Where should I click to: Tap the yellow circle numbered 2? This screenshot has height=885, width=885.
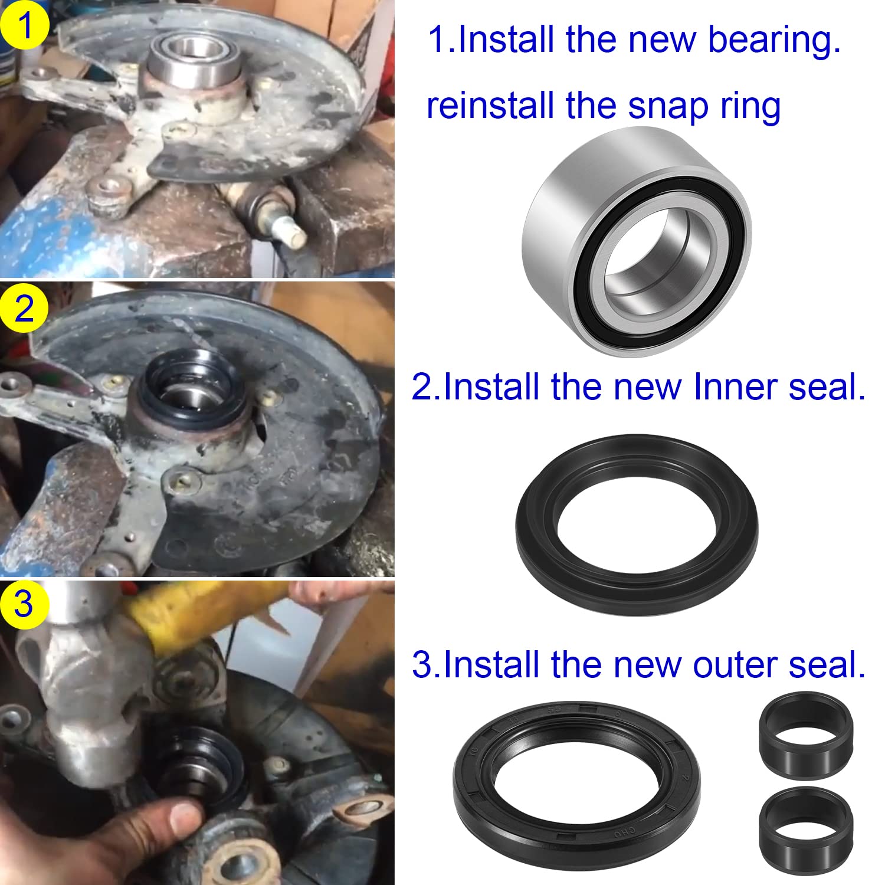tap(24, 308)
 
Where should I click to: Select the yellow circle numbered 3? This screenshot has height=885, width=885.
tap(24, 605)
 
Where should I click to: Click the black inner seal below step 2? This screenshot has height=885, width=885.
tap(637, 525)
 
